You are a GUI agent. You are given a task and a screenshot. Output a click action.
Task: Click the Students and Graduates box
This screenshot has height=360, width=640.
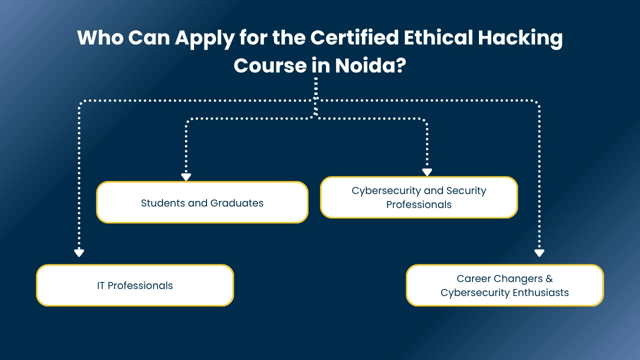pyautogui.click(x=202, y=202)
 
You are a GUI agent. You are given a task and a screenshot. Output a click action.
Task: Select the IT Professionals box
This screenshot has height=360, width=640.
pyautogui.click(x=135, y=285)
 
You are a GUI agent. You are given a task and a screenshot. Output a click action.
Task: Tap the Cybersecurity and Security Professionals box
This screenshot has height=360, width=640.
pyautogui.click(x=419, y=197)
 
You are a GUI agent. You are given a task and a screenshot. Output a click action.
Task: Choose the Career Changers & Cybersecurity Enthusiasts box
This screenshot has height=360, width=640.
pyautogui.click(x=504, y=285)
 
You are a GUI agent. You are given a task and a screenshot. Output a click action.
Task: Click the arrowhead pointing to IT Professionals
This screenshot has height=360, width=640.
pyautogui.click(x=79, y=253)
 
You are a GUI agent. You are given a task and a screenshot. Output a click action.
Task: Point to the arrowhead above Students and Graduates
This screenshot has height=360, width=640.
pyautogui.click(x=186, y=177)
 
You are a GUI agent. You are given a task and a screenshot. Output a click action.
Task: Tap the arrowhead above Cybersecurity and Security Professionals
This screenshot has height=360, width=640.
pyautogui.click(x=426, y=172)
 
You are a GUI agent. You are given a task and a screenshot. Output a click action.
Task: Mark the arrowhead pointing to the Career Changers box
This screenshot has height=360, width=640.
pyautogui.click(x=539, y=253)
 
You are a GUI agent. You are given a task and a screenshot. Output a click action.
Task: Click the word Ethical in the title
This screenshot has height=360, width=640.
pyautogui.click(x=436, y=38)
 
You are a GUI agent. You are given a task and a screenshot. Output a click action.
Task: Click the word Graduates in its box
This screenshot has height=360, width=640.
pyautogui.click(x=236, y=203)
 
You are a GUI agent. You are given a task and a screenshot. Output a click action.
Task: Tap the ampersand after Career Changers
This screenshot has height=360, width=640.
pyautogui.click(x=549, y=278)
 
